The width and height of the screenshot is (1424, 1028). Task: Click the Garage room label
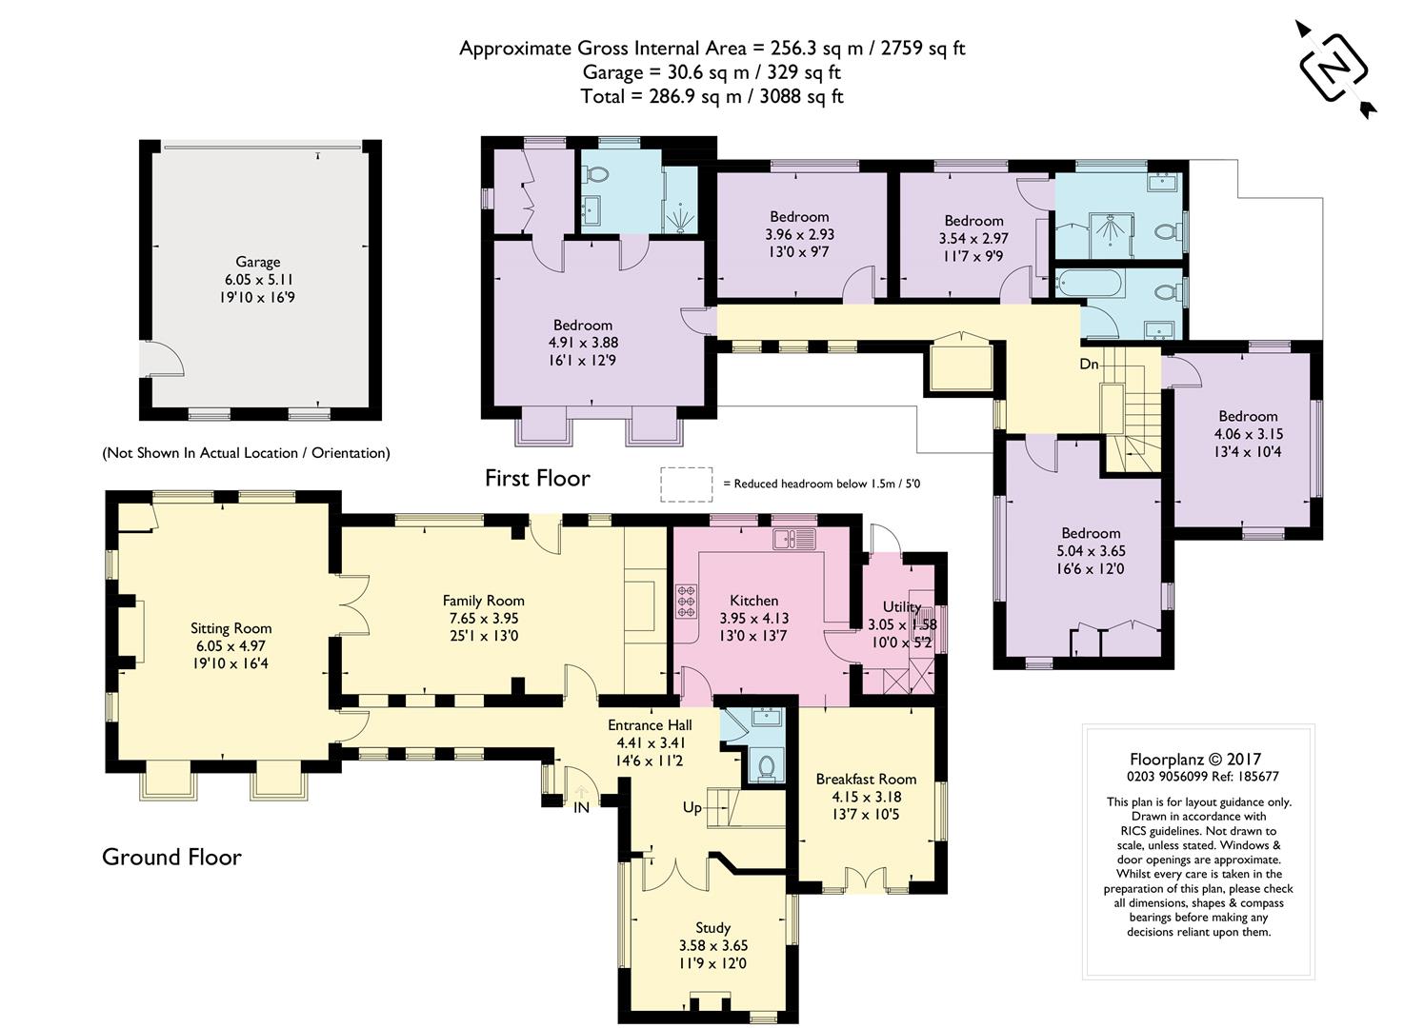[x=257, y=261]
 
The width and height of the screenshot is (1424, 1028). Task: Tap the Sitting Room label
[x=231, y=627]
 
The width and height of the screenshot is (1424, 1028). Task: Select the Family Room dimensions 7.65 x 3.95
[x=484, y=618]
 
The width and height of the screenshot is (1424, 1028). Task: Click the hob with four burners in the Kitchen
[x=686, y=601]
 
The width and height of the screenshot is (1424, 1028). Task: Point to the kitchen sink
[x=794, y=539]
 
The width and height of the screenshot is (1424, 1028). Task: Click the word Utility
[x=901, y=606]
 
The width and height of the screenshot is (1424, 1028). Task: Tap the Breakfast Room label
[x=866, y=779]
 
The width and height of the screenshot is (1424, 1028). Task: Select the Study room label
[x=712, y=928]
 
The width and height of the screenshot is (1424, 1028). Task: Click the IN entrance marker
[x=581, y=807]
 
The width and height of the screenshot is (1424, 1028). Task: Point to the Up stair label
[x=692, y=807]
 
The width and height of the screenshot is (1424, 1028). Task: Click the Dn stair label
[x=1089, y=364]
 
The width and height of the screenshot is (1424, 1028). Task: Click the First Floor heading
[x=537, y=478]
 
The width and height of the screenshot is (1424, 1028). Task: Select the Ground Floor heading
[x=171, y=857]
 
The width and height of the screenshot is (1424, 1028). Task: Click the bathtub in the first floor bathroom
[x=1091, y=284]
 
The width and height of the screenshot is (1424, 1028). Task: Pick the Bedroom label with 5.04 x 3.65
[x=1091, y=533]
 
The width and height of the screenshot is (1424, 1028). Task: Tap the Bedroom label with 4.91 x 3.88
[x=582, y=325]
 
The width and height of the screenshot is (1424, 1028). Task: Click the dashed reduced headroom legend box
[x=686, y=484]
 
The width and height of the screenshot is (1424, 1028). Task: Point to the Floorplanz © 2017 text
[x=1195, y=760]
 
